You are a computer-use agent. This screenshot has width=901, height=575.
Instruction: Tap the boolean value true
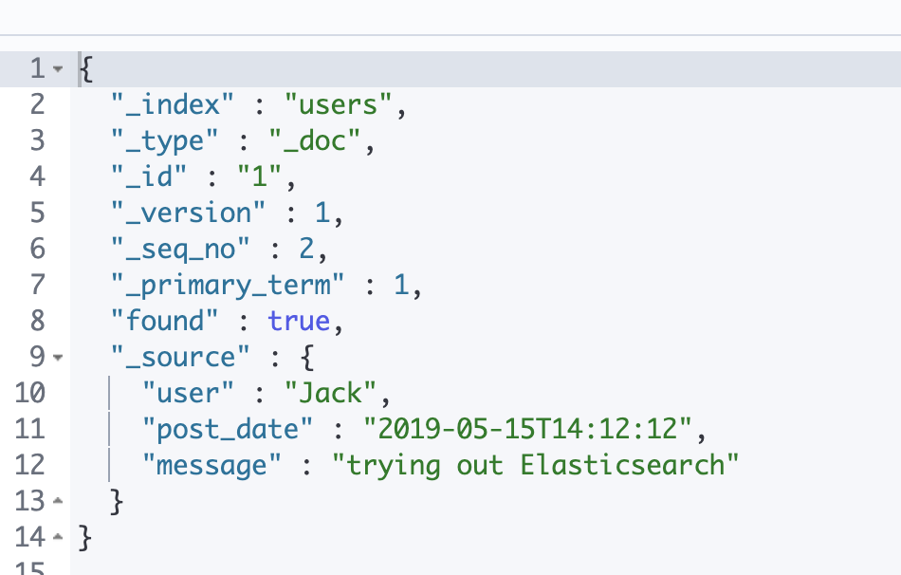[x=299, y=322]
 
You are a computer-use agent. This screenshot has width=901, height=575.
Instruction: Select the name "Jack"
[x=331, y=394]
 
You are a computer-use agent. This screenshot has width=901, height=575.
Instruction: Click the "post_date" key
[x=228, y=430]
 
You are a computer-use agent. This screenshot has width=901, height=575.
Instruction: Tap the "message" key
[x=206, y=466]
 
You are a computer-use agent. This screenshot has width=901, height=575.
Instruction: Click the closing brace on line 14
[x=85, y=538]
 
